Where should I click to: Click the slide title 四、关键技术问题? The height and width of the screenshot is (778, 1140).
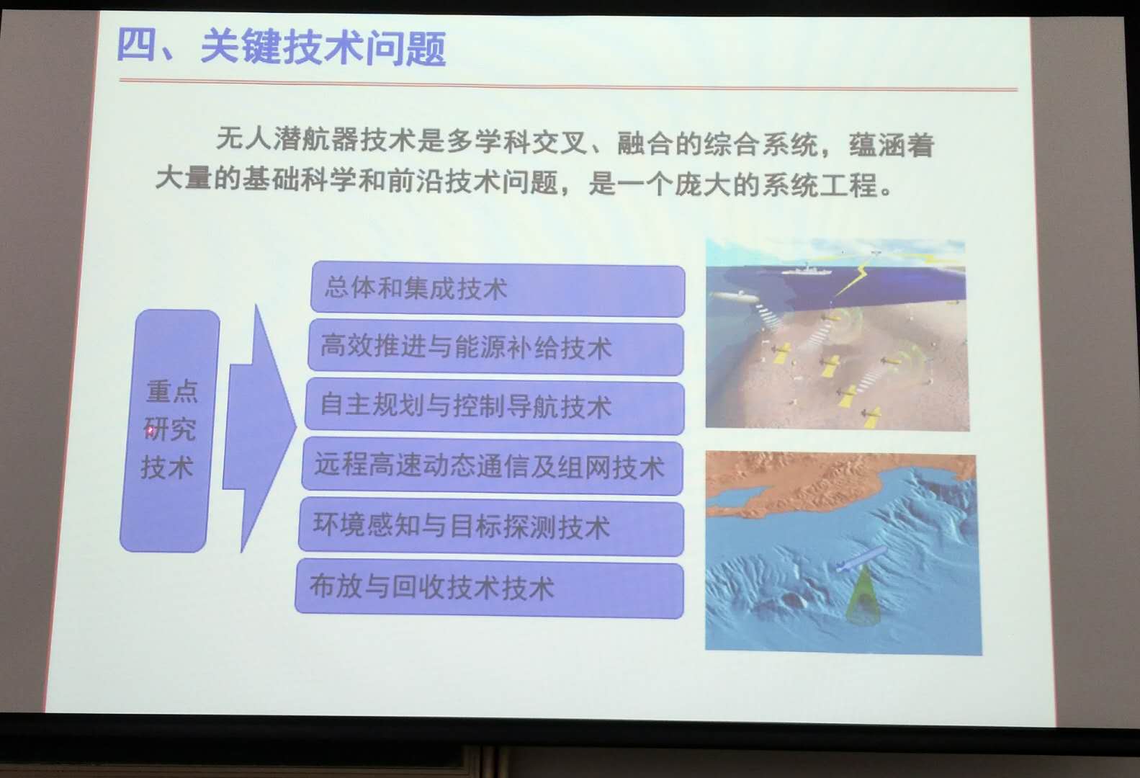pos(282,48)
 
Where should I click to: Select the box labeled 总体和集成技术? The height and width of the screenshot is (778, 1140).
pos(498,289)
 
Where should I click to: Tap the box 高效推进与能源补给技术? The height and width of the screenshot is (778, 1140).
pos(495,348)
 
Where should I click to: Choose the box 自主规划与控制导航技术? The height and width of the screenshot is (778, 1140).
pos(494,406)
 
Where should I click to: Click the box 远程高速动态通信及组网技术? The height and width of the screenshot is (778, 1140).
pos(492,466)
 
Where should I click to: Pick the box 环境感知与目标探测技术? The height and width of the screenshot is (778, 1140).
pos(490,527)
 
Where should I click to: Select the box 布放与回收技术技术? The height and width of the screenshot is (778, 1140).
pos(489,588)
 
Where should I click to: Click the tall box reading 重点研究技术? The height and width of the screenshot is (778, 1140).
pos(169,431)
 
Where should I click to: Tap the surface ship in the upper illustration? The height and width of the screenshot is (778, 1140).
pos(806,270)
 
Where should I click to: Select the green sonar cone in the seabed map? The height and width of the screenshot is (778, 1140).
pos(861,596)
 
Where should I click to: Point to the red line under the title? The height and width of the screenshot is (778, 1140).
pos(568,85)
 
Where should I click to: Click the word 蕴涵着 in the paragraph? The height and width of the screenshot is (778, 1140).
pos(892,146)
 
